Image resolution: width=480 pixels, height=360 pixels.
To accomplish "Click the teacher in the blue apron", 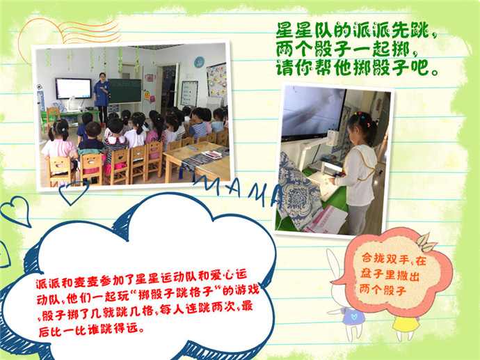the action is click(x=102, y=98).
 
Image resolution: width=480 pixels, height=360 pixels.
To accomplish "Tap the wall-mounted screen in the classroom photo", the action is click(x=74, y=88).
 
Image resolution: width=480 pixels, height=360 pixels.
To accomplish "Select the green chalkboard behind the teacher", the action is click(x=125, y=91).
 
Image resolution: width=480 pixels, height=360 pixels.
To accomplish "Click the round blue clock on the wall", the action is click(x=199, y=62).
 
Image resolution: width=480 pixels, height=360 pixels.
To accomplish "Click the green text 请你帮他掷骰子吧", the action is click(x=356, y=68).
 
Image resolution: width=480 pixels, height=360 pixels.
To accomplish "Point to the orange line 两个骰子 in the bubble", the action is click(x=383, y=289).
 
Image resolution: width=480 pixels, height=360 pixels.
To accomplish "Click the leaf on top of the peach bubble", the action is click(x=426, y=242).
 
